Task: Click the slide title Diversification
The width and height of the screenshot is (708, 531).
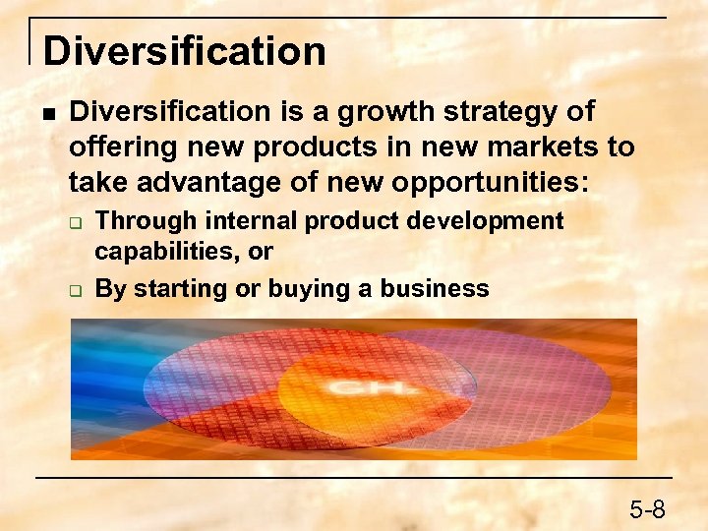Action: click(x=184, y=51)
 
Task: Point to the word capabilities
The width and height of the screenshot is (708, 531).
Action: click(x=166, y=252)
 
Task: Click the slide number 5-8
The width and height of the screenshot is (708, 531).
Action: click(x=647, y=508)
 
